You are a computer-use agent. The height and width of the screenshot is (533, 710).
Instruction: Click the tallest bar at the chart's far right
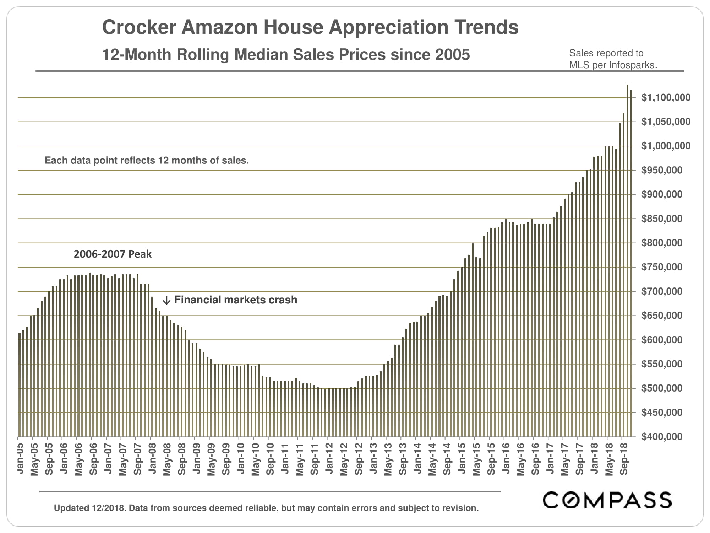tap(627, 259)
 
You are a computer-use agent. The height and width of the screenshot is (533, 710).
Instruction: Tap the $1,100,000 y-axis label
tap(666, 98)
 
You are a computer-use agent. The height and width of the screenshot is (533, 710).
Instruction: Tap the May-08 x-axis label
tap(167, 459)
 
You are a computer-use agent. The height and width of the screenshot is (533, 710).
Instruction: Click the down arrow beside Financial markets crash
tap(166, 301)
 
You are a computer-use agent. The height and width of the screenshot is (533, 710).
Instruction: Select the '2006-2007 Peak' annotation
tap(113, 254)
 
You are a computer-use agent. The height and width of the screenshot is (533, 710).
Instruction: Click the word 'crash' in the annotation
tap(283, 300)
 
